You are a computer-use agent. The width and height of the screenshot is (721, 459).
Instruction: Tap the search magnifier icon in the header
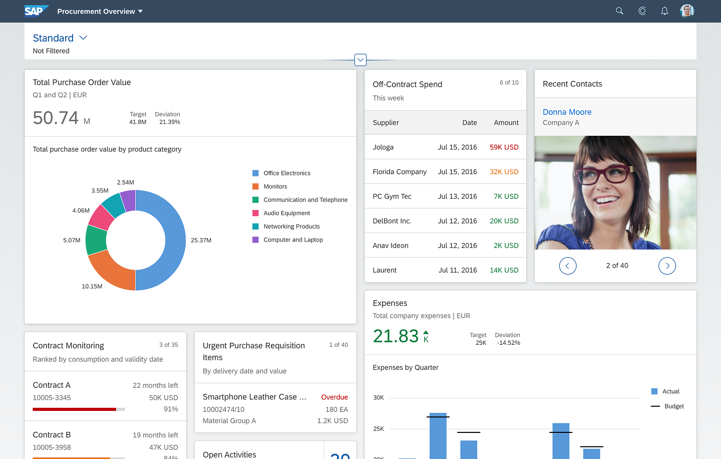[x=619, y=11]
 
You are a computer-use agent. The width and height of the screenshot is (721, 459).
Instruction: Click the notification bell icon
[x=664, y=11]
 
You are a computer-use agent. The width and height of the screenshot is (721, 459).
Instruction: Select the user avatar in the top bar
[x=687, y=11]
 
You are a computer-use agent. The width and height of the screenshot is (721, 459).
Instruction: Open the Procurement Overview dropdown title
[x=100, y=12]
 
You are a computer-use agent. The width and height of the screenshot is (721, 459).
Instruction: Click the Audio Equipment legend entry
[x=286, y=213]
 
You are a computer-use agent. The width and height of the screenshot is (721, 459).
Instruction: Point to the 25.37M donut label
[x=201, y=241]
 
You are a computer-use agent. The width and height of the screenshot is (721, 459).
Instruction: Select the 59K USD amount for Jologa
[x=504, y=147]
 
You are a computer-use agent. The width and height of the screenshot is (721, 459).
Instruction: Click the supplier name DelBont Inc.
[x=392, y=221]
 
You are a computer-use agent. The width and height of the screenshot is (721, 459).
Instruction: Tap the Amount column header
[x=506, y=123]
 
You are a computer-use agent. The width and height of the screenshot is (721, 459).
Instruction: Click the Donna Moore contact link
[x=567, y=112]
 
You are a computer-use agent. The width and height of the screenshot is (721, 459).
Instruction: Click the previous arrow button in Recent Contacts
[x=567, y=266]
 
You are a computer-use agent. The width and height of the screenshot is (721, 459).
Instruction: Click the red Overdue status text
[x=334, y=397]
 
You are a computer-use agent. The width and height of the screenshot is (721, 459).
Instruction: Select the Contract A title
[x=52, y=385]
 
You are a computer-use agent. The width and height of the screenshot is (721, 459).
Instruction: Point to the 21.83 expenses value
[x=396, y=336]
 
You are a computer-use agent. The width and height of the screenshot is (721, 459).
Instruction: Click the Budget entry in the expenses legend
[x=673, y=406]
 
